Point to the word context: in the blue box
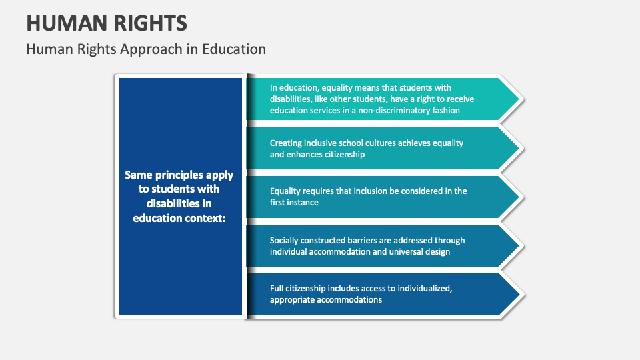point(205,217)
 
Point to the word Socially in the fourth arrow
point(285,240)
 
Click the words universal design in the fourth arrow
point(422,251)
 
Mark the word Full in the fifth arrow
point(277,288)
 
